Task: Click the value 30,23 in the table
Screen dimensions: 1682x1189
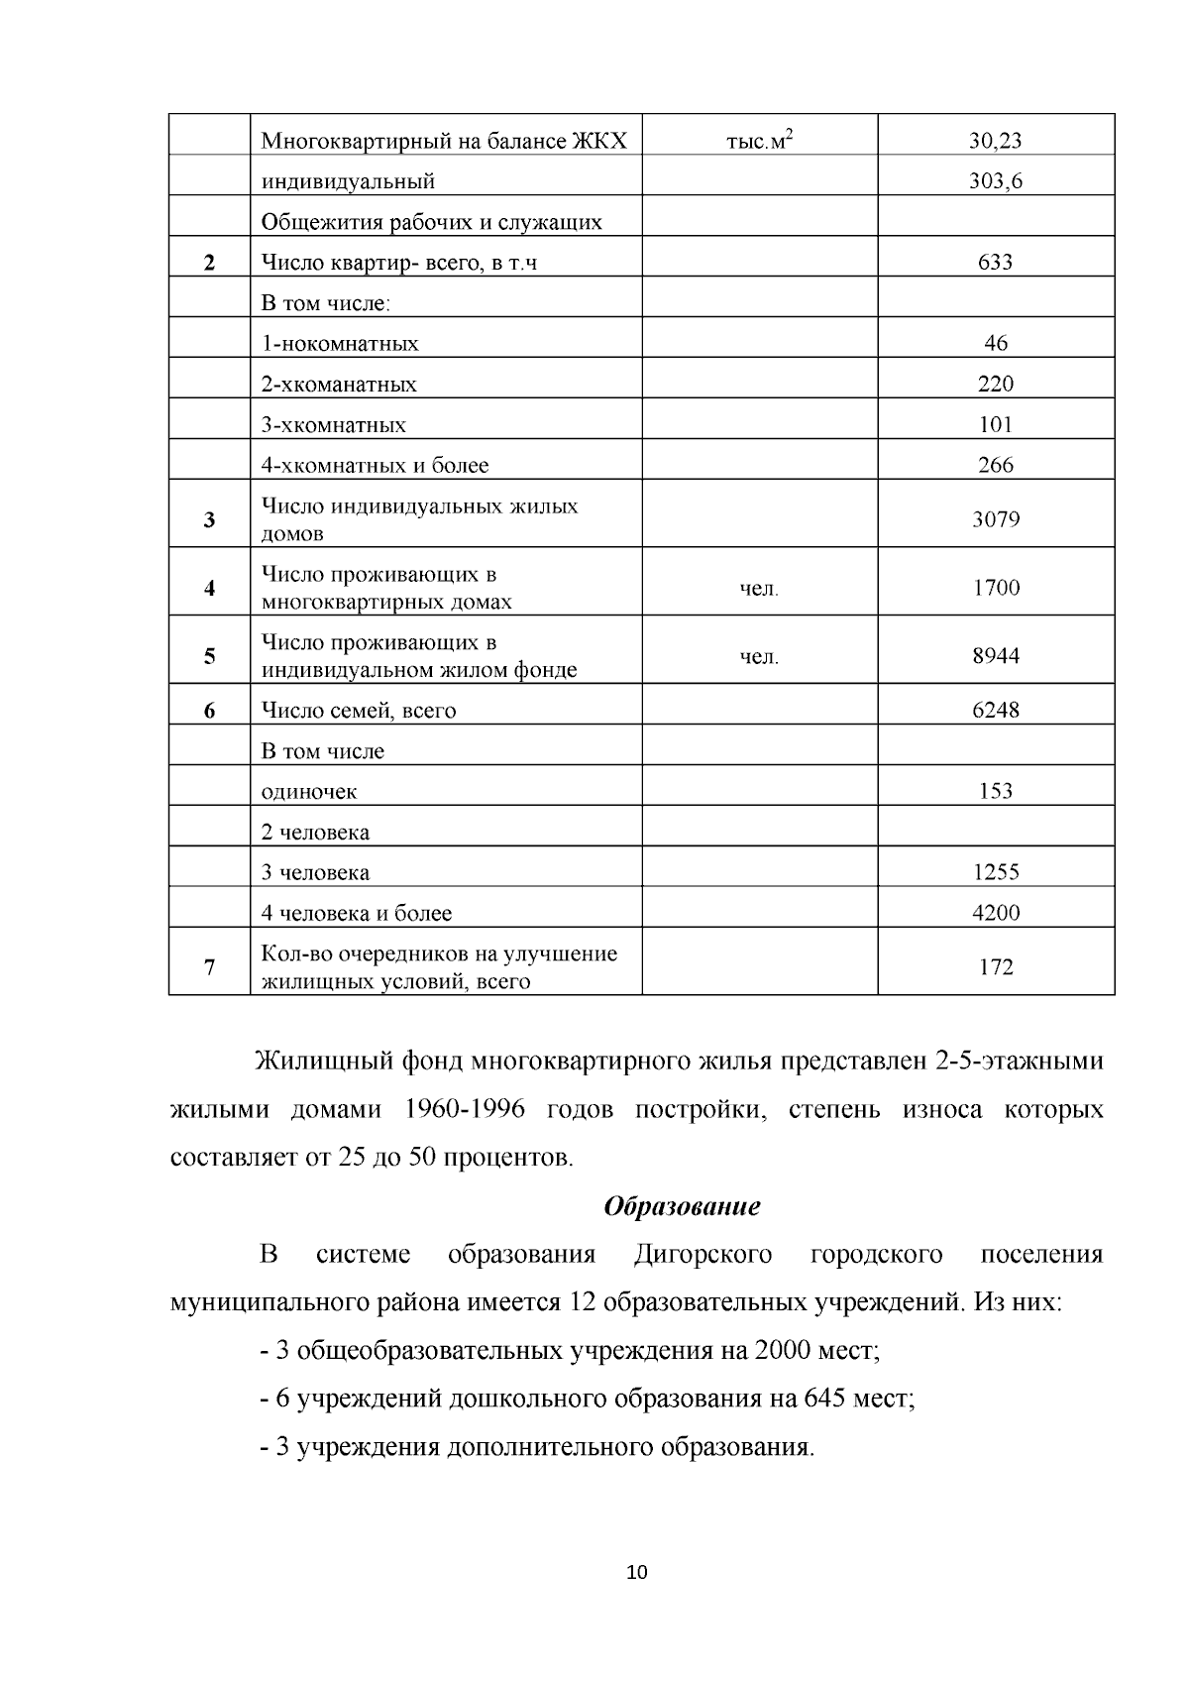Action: tap(995, 141)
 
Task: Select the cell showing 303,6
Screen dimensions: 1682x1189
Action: tap(995, 181)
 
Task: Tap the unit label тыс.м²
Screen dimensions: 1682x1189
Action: tap(760, 141)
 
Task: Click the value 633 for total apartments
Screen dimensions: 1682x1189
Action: tap(995, 263)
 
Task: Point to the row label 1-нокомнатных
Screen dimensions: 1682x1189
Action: tap(340, 344)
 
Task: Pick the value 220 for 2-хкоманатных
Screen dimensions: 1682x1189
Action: tap(995, 385)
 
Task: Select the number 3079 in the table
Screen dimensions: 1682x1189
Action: tap(995, 519)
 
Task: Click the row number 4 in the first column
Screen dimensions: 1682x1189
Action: tap(209, 588)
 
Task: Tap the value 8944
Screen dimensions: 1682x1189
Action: tap(995, 655)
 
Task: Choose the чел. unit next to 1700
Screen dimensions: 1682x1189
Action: tap(760, 589)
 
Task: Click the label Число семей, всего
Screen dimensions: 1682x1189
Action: tap(359, 711)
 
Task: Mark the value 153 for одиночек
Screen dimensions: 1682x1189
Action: tap(995, 791)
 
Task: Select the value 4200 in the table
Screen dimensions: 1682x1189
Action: tap(995, 913)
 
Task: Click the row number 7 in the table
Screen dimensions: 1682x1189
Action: tap(209, 967)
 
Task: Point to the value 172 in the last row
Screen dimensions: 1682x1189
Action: tap(995, 967)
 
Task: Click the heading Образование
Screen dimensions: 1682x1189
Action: tap(682, 1206)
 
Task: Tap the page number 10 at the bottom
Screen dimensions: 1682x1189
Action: tap(637, 1573)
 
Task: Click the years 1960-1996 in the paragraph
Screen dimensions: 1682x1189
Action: tap(465, 1109)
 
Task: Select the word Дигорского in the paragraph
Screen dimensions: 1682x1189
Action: tap(703, 1255)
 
